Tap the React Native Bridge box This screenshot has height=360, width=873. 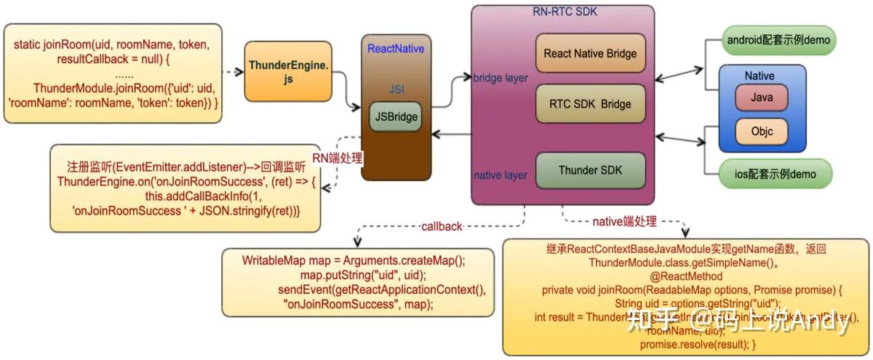[x=590, y=53]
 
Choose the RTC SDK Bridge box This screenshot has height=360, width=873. [x=590, y=104]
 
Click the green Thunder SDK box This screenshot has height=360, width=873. [x=590, y=171]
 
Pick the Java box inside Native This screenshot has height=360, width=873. [x=761, y=97]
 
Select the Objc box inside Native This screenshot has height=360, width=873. [x=761, y=132]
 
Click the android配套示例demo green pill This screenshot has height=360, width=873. [x=778, y=40]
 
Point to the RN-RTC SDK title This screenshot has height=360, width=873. [x=563, y=12]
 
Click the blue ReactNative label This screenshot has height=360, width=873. [x=396, y=49]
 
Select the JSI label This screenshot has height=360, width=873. [x=396, y=89]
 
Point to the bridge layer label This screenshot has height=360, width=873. [x=501, y=78]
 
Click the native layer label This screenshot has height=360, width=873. [x=501, y=175]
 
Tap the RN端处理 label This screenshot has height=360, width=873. [x=338, y=158]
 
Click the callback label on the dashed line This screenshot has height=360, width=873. [x=442, y=226]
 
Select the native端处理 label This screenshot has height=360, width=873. [x=624, y=222]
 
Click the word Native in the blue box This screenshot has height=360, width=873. [x=760, y=76]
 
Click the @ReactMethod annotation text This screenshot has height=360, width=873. [x=687, y=276]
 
